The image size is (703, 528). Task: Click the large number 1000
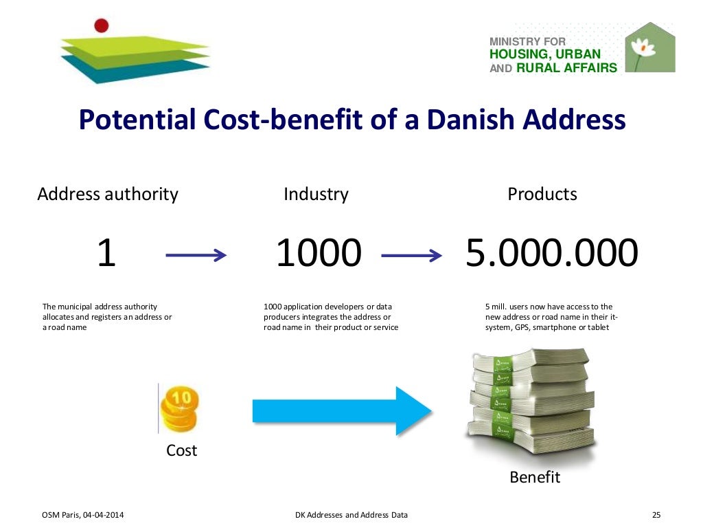point(318,254)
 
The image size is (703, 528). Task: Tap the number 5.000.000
point(552,254)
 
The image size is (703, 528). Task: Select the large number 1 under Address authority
point(106,254)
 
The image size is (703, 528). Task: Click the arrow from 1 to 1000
point(196,256)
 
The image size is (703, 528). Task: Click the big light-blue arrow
point(341,410)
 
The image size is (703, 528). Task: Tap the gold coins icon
point(179,409)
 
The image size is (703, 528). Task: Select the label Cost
point(181,450)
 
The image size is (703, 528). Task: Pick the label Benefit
point(535,476)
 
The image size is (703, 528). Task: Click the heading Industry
point(316,195)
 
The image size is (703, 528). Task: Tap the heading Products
point(542,195)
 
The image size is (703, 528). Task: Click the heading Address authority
point(108,195)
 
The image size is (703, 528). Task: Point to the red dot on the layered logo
point(102,26)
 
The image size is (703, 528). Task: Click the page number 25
point(655,515)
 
